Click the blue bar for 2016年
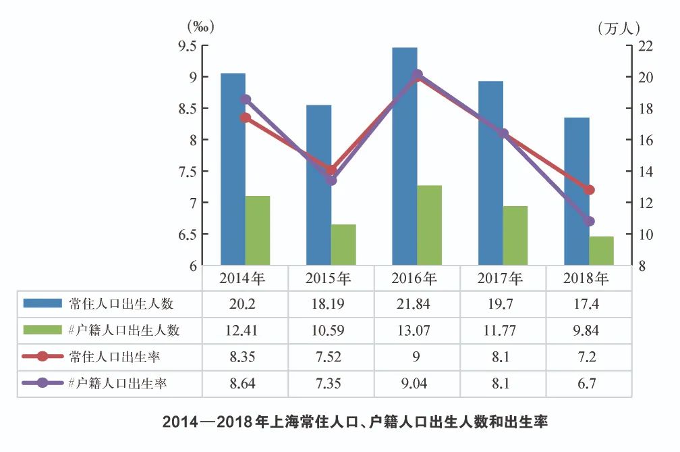(405, 155)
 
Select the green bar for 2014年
(258, 230)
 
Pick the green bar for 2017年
(515, 235)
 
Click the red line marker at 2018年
(590, 190)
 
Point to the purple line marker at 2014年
(246, 99)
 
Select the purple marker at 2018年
(590, 221)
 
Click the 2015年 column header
(329, 278)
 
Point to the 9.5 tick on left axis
(187, 46)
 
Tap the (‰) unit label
(200, 28)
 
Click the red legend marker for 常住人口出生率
(42, 357)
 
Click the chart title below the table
(355, 423)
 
